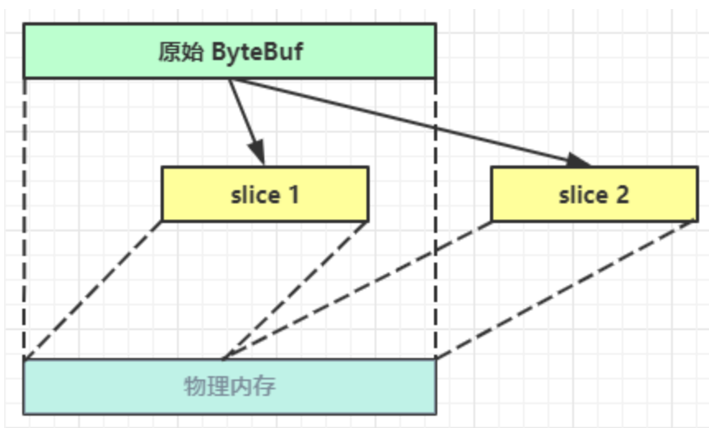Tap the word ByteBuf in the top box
[x=258, y=53]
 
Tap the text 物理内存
[x=229, y=386]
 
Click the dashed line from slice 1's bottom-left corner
[x=92, y=291]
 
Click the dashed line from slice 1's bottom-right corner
[x=295, y=290]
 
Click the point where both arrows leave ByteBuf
[x=230, y=80]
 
